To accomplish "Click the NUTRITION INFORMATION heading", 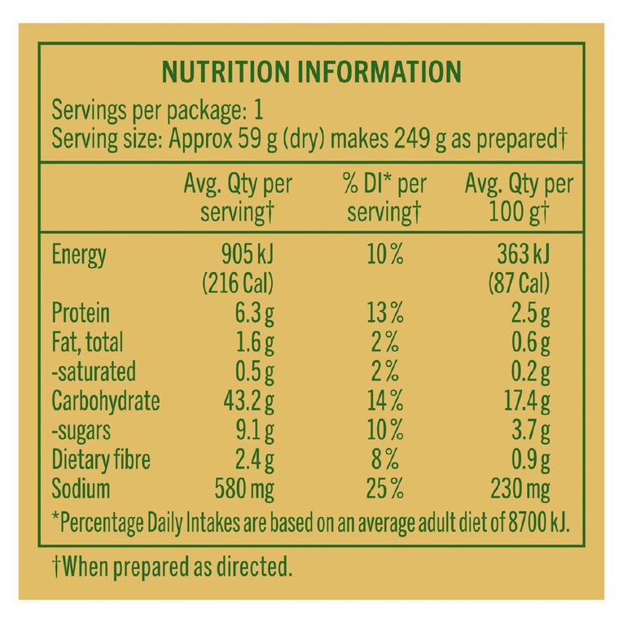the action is pyautogui.click(x=311, y=72).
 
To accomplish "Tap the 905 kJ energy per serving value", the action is pyautogui.click(x=248, y=254).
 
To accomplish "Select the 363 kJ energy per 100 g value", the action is pyautogui.click(x=524, y=254).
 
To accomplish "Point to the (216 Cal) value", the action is pyautogui.click(x=238, y=283).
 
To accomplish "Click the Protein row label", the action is pyautogui.click(x=81, y=313).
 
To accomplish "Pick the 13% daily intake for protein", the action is pyautogui.click(x=384, y=313).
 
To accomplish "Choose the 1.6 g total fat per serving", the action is pyautogui.click(x=255, y=343).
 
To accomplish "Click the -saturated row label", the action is pyautogui.click(x=94, y=371).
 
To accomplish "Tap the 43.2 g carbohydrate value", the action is pyautogui.click(x=248, y=401).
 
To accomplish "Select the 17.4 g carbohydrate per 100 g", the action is pyautogui.click(x=527, y=401).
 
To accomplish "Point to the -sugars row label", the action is pyautogui.click(x=81, y=431).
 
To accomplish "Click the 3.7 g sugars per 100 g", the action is pyautogui.click(x=531, y=430).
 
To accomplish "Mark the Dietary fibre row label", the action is pyautogui.click(x=101, y=459).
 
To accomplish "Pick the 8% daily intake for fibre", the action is pyautogui.click(x=384, y=459).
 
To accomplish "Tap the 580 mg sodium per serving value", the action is pyautogui.click(x=244, y=489).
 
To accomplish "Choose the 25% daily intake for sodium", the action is pyautogui.click(x=384, y=489).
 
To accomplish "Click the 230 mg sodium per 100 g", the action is pyautogui.click(x=520, y=489).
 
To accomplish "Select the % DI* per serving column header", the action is pyautogui.click(x=384, y=198).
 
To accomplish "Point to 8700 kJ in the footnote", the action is pyautogui.click(x=539, y=523).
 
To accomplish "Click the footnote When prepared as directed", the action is pyautogui.click(x=172, y=567).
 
